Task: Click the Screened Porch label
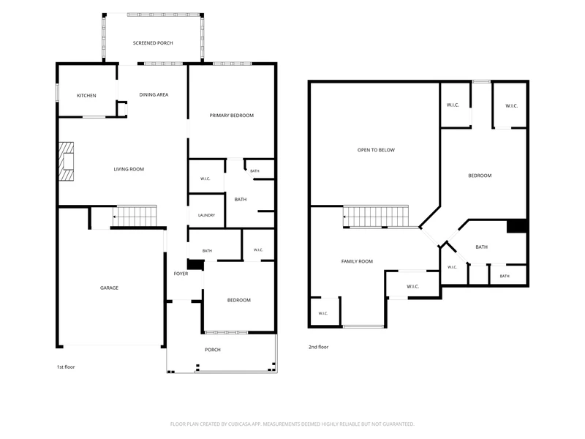point(153,43)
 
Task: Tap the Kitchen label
point(86,96)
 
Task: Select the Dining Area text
point(154,95)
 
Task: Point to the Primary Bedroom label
point(231,116)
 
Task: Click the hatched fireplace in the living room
point(67,162)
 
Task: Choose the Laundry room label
point(206,215)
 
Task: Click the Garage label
point(109,288)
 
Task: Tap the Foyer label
point(181,274)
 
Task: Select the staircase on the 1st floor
point(135,216)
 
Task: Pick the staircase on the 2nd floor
point(376,216)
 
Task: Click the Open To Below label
point(376,150)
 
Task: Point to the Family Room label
point(357,261)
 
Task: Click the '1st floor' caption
point(66,367)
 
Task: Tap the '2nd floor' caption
point(318,347)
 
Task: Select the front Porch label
point(213,350)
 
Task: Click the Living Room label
point(129,169)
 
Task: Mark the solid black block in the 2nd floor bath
point(517,226)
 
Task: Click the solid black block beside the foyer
point(195,265)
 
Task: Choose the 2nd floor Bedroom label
point(480,176)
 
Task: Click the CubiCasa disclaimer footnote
point(292,424)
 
